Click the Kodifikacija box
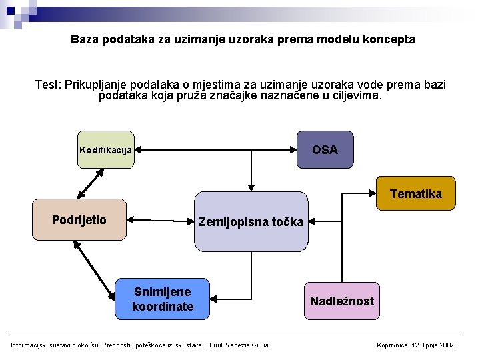[106, 149]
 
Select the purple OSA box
[325, 149]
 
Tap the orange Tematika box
[415, 193]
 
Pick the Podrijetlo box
[79, 219]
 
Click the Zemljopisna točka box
[251, 221]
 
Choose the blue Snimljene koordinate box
[163, 299]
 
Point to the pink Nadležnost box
[341, 301]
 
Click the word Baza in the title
[84, 39]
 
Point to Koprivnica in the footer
[397, 345]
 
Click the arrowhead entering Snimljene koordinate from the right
[215, 299]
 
